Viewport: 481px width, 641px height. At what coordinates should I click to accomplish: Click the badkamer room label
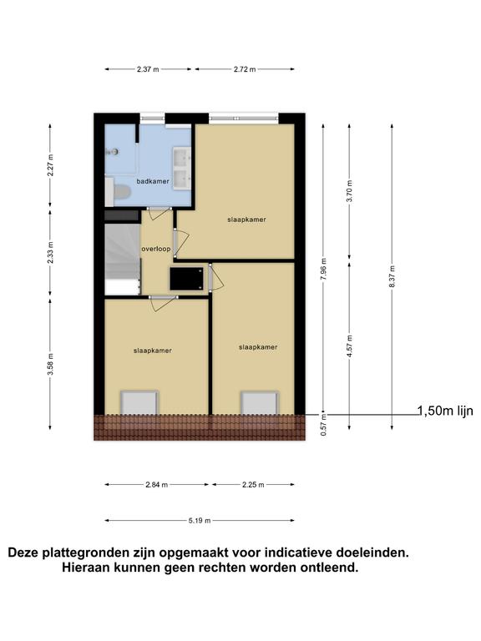click(x=153, y=181)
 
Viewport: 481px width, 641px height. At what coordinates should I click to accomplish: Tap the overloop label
click(x=156, y=249)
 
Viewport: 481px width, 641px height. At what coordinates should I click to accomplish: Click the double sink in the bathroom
click(x=182, y=168)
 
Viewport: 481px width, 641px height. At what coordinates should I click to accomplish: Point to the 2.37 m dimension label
click(x=148, y=69)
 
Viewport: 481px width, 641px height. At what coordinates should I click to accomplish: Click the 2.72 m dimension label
click(x=245, y=69)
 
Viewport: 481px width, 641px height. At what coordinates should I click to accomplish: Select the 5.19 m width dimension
click(x=200, y=521)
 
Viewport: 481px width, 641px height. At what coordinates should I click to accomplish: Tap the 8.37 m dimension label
click(x=392, y=277)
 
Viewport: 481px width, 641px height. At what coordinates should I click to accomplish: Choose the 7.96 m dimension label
click(x=323, y=270)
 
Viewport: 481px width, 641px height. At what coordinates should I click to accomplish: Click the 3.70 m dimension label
click(x=349, y=191)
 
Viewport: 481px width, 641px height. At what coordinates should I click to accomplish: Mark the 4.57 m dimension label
click(x=349, y=346)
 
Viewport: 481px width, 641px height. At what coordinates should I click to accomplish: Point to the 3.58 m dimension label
click(x=50, y=364)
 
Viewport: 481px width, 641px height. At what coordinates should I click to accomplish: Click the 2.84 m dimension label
click(x=157, y=485)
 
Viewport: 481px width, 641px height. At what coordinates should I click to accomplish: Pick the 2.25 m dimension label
click(x=253, y=485)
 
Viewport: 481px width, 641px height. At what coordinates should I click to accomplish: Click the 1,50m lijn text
click(x=445, y=411)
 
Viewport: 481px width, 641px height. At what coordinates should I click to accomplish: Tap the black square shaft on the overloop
click(x=186, y=279)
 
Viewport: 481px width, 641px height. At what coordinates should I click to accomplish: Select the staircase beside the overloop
click(x=123, y=259)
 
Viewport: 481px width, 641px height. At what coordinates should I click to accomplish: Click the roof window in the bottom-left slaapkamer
click(x=139, y=402)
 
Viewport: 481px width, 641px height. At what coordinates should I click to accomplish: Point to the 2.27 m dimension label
click(x=50, y=164)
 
